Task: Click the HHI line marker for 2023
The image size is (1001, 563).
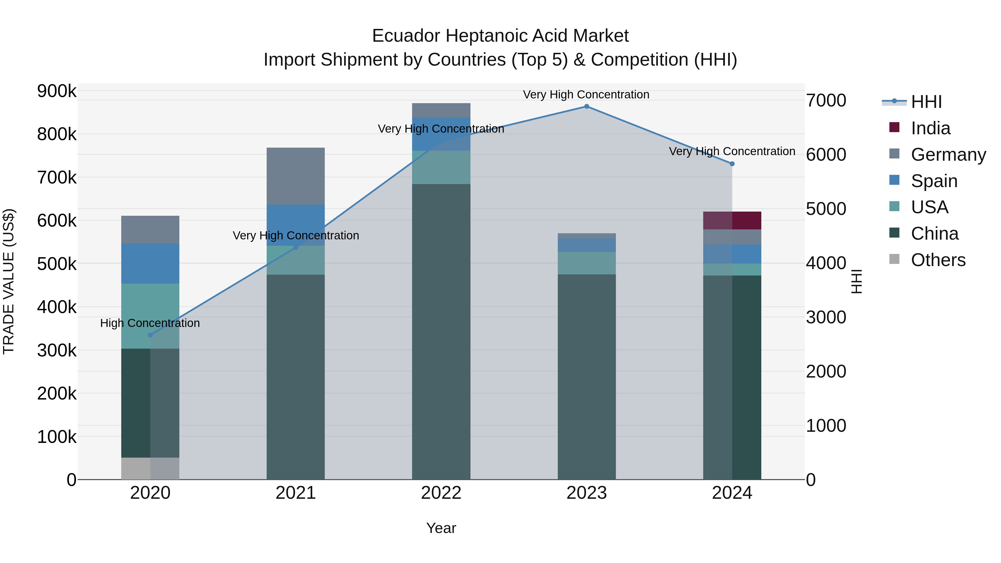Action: coord(586,106)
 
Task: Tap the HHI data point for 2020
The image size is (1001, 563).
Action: coord(150,335)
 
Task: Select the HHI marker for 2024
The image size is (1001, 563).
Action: coord(732,164)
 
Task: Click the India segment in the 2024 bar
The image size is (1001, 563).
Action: coord(732,220)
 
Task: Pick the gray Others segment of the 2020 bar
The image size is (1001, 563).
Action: coord(150,468)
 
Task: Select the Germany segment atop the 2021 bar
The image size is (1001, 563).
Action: coord(296,176)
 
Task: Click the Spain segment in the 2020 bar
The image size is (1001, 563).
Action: coord(150,264)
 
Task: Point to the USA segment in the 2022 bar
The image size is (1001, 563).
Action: coord(441,167)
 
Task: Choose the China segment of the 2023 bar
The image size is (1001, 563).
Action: coord(586,377)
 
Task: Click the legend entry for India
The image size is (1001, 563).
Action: coord(930,128)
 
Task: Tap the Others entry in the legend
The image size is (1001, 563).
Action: coord(938,260)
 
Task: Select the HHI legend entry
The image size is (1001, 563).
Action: coord(926,102)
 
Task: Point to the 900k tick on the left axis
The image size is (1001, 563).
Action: coord(57,91)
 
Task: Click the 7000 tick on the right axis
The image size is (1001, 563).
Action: coord(826,101)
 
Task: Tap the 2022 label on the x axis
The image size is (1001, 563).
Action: coord(441,493)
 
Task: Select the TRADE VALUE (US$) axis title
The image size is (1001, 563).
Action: coord(9,281)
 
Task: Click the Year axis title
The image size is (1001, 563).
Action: coord(441,528)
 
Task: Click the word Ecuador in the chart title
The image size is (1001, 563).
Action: coord(406,36)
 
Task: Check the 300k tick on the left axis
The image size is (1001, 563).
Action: coord(57,351)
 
